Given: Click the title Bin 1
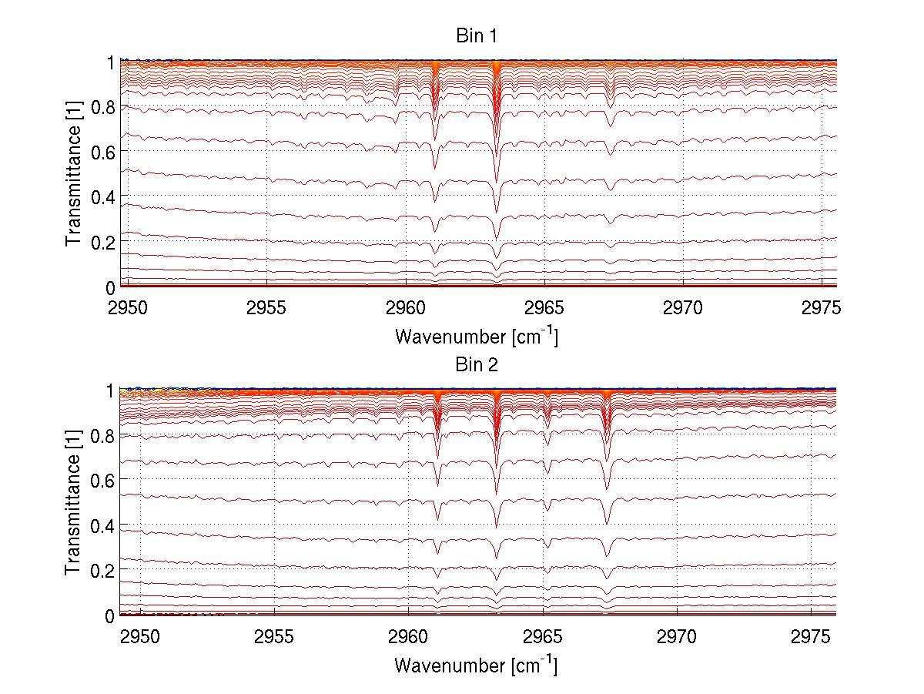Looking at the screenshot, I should [x=476, y=36].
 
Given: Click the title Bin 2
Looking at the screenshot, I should [x=476, y=364].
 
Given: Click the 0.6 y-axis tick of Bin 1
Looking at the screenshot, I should [x=102, y=152].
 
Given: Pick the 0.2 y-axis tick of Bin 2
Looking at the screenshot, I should [x=102, y=570].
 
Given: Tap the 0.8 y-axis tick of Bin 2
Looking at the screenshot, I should [x=102, y=435].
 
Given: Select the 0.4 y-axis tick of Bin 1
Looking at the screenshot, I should [x=102, y=196].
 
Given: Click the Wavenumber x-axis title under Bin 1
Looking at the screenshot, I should [x=476, y=336].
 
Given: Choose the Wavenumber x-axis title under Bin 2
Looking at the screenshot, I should [x=476, y=665].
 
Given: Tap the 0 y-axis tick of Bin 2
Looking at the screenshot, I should [x=110, y=615].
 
